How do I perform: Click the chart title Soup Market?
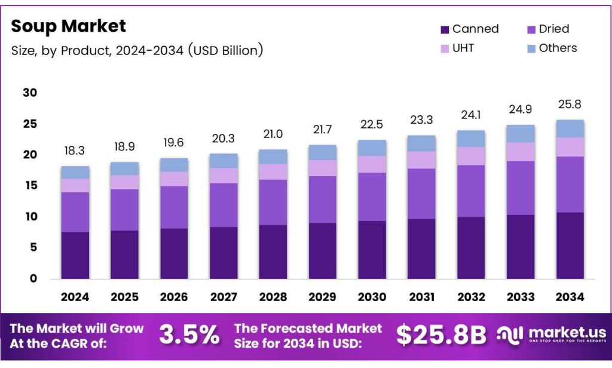(68, 26)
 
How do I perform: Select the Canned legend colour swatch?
(444, 29)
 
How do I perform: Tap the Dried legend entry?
(546, 29)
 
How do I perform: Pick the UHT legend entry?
(458, 48)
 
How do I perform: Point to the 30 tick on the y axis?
(30, 93)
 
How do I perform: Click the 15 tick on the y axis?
(30, 186)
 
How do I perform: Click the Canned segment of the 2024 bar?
(75, 255)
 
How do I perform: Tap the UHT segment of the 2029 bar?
(322, 168)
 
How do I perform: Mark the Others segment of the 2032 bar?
(470, 139)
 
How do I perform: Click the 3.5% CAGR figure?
(189, 335)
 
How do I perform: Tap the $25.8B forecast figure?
(441, 335)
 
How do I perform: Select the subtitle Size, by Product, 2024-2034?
(137, 50)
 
